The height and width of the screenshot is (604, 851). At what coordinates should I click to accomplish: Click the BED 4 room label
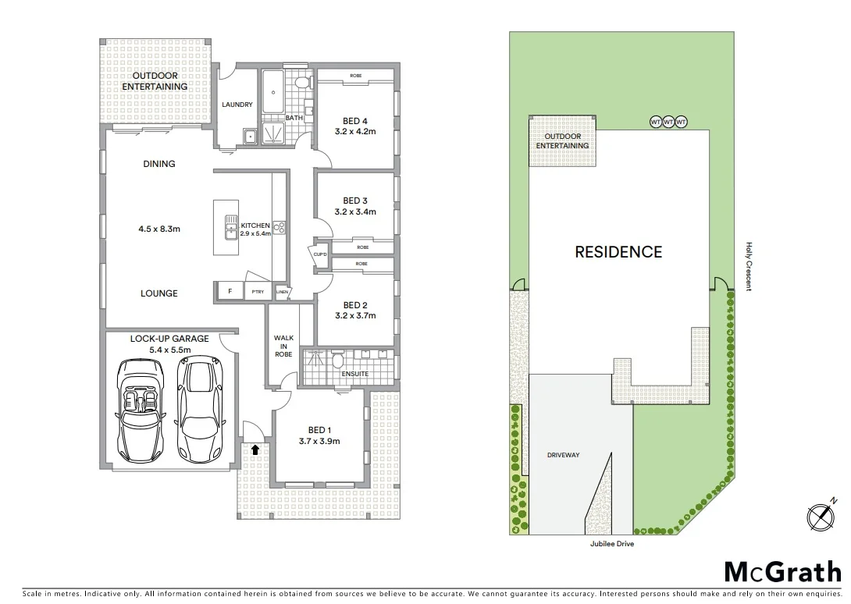point(355,121)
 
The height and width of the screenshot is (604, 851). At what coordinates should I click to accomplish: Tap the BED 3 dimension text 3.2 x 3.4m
point(355,211)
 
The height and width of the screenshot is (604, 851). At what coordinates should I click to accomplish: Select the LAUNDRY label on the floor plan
point(237,105)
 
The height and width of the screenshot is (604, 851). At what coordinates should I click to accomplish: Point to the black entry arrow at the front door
point(255,449)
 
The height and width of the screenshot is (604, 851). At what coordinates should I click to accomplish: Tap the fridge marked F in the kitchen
point(230,292)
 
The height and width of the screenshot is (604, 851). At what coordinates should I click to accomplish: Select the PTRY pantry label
point(257,292)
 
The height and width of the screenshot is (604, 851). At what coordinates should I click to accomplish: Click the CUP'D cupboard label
point(320,254)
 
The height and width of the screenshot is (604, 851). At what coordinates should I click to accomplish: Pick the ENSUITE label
point(355,374)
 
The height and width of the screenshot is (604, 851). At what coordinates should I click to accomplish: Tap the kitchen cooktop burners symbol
point(280,227)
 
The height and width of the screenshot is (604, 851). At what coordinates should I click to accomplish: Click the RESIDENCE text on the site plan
point(618,252)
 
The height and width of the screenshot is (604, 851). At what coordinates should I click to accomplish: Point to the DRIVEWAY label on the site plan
point(563,455)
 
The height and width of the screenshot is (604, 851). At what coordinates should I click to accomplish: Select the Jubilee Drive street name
point(612,544)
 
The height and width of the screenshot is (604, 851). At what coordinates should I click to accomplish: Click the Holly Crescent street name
point(748,266)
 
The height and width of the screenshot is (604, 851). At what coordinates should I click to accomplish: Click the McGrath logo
point(783,572)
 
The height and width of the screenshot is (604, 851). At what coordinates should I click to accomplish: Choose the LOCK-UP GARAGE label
point(169,339)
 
